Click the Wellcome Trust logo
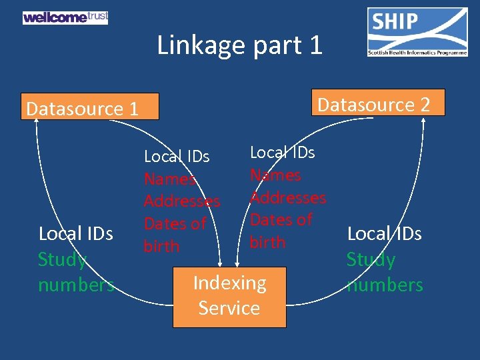(65, 17)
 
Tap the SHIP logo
(417, 31)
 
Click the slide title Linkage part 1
(239, 45)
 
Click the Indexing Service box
(229, 296)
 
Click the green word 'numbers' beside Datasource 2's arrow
(385, 285)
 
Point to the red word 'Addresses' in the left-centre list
(182, 201)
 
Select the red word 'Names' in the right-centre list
(275, 175)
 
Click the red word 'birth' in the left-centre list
(162, 246)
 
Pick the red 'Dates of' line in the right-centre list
(281, 219)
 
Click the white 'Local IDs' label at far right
(385, 234)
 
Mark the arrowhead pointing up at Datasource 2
(423, 121)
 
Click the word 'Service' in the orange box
(229, 308)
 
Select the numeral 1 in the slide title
(315, 45)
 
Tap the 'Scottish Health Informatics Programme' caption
(417, 53)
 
